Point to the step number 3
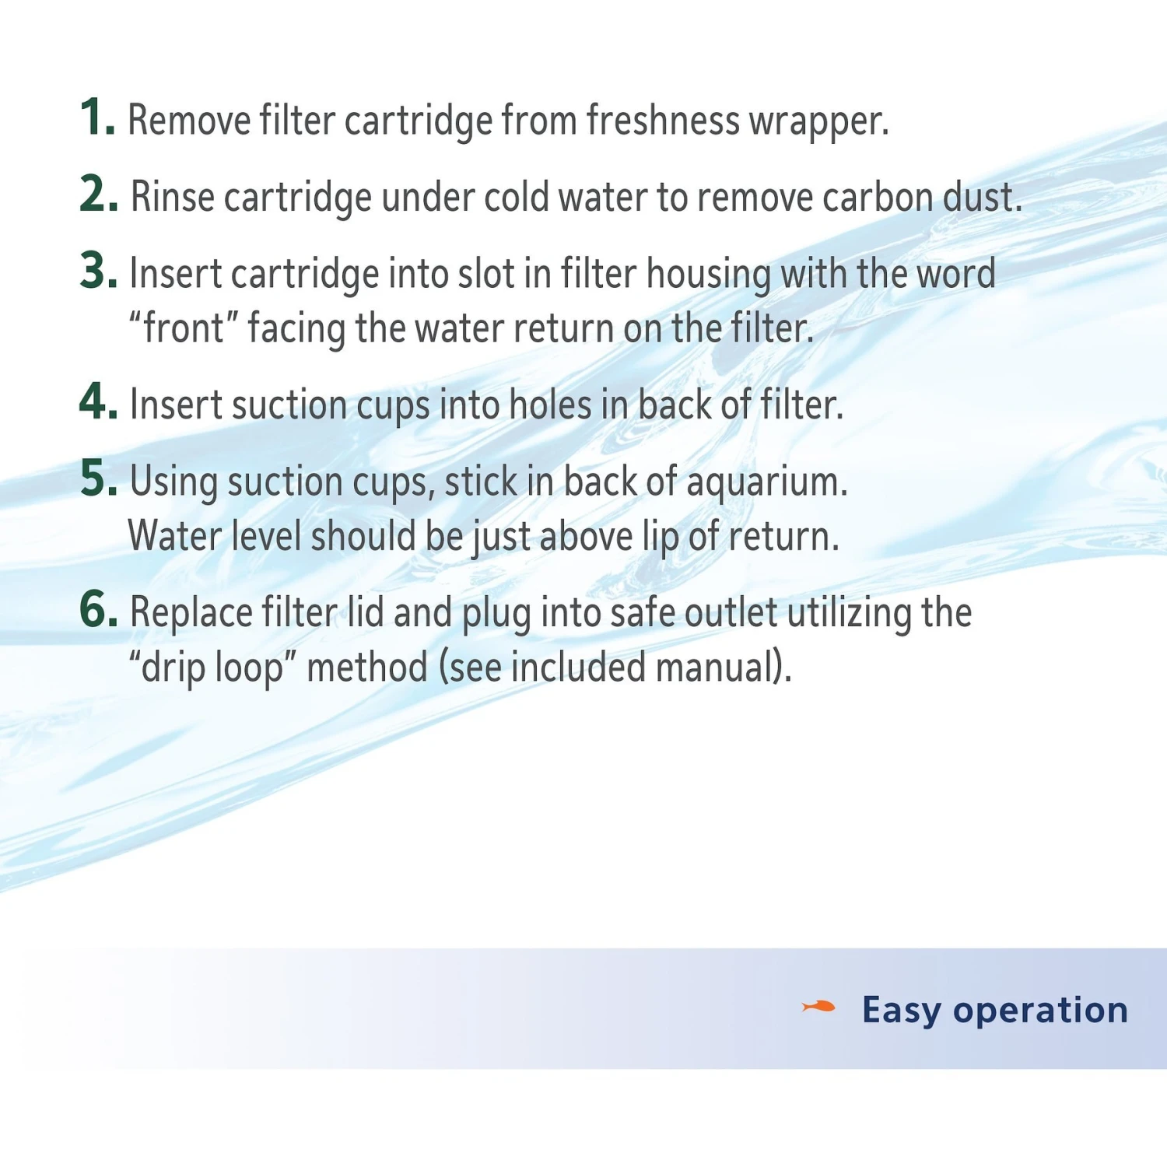click(98, 271)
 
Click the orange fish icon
click(818, 1008)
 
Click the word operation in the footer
click(1041, 1011)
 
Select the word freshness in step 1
click(663, 121)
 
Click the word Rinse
click(172, 196)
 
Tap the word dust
click(983, 197)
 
